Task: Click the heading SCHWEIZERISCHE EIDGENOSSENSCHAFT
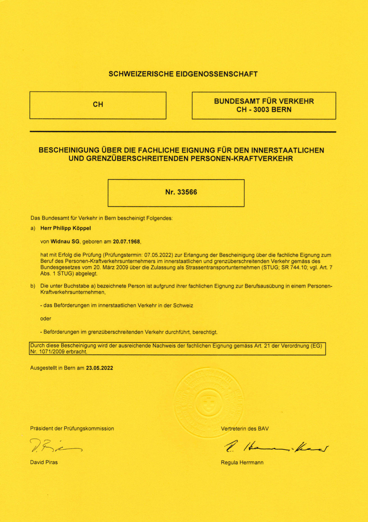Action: click(183, 74)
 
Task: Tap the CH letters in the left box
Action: click(98, 104)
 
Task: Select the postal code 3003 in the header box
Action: click(261, 110)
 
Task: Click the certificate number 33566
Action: click(187, 192)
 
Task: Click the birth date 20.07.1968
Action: click(126, 242)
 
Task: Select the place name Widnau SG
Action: click(65, 242)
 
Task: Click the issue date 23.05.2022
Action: click(99, 368)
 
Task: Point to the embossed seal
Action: click(208, 403)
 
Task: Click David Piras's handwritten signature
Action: click(55, 446)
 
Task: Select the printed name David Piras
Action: click(44, 462)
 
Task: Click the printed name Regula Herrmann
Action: click(242, 463)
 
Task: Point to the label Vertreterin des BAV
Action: click(244, 429)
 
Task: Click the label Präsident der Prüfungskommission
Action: click(72, 429)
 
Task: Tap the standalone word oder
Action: click(45, 319)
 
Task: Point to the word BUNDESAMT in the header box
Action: click(237, 101)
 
